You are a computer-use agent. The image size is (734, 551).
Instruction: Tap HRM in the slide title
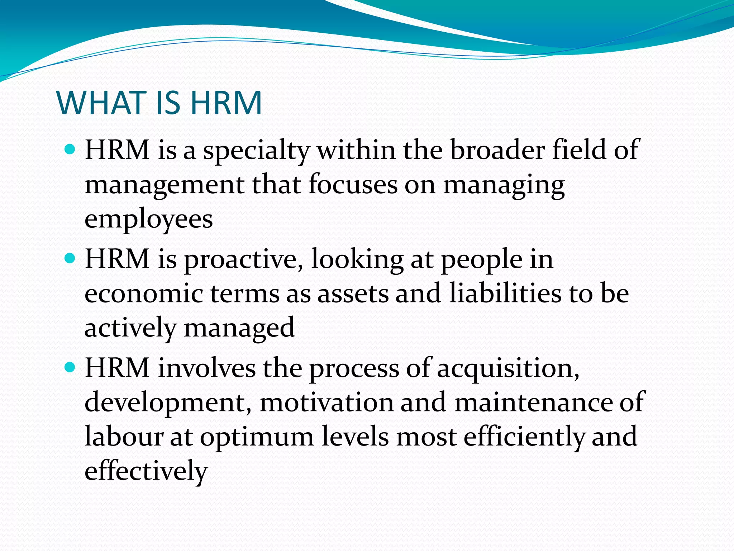[x=226, y=103]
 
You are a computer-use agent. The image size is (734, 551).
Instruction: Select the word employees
[x=149, y=220]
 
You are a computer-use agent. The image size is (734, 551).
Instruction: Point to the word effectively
[x=146, y=471]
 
